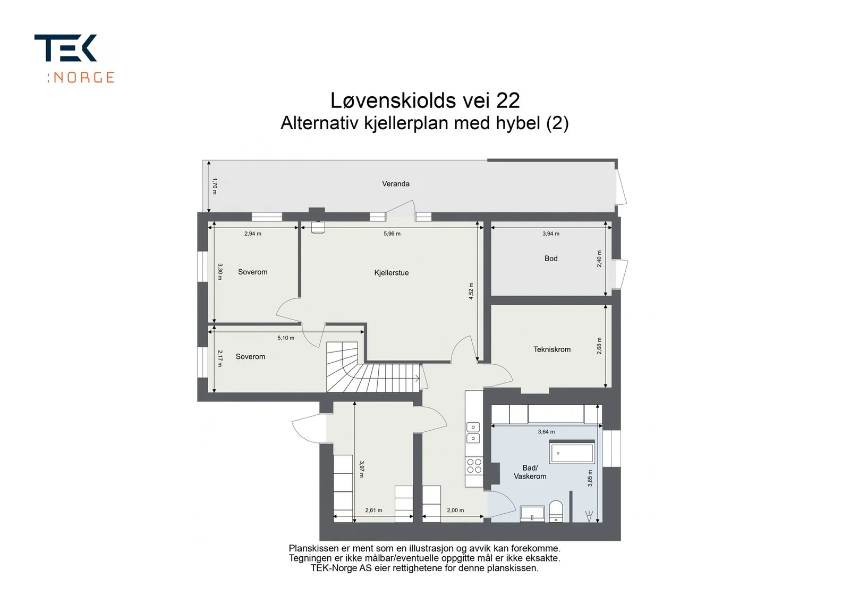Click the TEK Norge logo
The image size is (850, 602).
coord(74,58)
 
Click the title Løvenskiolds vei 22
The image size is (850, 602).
coord(425,101)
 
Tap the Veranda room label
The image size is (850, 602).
coord(395,184)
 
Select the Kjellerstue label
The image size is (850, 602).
coord(391,273)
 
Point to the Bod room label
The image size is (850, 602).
coord(550,258)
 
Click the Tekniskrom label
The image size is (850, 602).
coord(552,349)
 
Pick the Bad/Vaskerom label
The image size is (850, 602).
coord(530,472)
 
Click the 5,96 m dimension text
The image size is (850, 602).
coord(392,233)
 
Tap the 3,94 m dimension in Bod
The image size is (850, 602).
coord(550,233)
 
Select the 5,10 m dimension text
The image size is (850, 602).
coord(285,338)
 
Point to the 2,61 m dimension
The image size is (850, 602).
coord(373,510)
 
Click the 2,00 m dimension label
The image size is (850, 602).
coord(455,510)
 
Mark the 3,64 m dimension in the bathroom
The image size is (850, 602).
coord(546,431)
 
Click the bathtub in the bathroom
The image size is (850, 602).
coord(572,453)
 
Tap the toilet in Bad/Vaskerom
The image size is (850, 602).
coord(556,511)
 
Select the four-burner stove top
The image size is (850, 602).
coord(474,466)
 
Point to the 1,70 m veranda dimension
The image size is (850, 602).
coord(215,186)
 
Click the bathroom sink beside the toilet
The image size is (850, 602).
coord(532,514)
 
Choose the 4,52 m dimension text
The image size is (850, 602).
coord(471,291)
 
